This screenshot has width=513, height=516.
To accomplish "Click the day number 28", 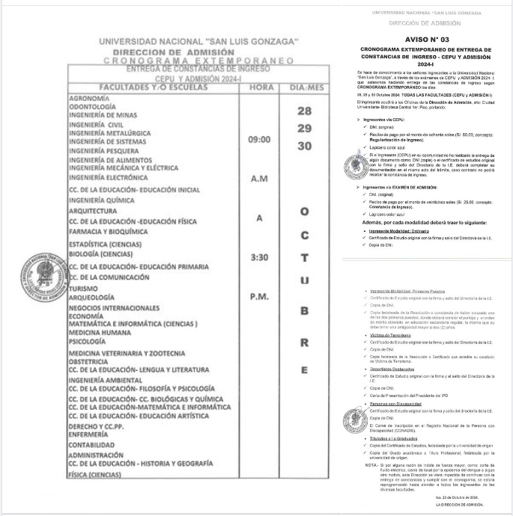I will click(x=303, y=111).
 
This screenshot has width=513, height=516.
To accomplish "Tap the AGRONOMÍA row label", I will click(x=91, y=98).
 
